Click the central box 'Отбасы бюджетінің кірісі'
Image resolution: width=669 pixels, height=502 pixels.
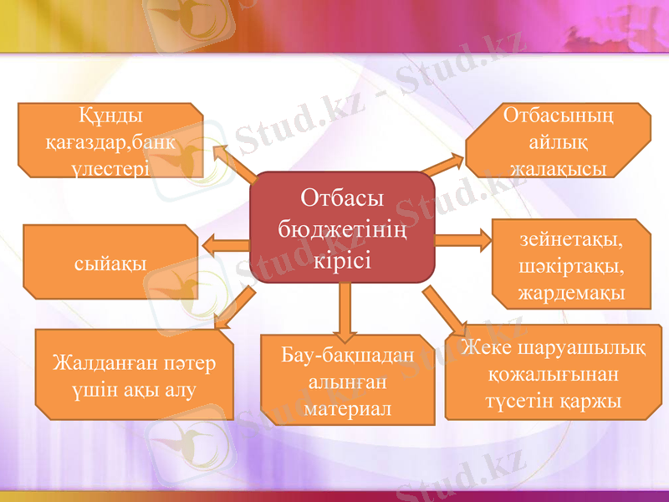[342, 227]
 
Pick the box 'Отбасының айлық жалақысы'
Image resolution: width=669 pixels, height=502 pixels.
[558, 141]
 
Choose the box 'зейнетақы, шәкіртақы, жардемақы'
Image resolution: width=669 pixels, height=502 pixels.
[571, 264]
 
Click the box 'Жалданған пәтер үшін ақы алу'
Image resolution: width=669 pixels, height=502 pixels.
[134, 375]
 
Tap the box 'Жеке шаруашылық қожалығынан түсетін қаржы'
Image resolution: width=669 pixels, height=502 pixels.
[554, 372]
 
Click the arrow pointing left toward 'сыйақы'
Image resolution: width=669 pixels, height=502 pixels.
[224, 244]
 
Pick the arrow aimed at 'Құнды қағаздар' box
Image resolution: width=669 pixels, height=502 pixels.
[234, 162]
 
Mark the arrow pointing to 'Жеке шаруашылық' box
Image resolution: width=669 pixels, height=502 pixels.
[446, 310]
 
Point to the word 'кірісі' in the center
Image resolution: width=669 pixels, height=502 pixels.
[342, 255]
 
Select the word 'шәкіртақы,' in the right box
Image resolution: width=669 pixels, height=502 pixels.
[571, 266]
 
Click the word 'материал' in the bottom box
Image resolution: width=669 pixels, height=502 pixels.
[347, 409]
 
